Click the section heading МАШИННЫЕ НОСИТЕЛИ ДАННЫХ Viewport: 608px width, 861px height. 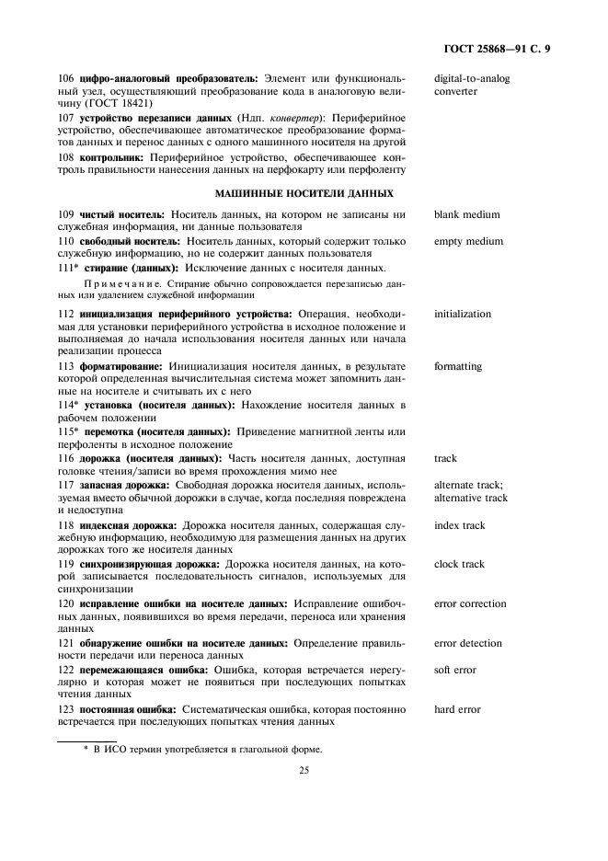click(304, 193)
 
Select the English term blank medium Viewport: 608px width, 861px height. click(466, 215)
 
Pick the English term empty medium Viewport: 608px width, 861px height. click(468, 242)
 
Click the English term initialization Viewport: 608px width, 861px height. click(463, 315)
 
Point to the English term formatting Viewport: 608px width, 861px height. click(458, 366)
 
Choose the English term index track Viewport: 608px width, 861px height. click(459, 525)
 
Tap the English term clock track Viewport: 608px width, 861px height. click(459, 565)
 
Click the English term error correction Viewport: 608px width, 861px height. click(470, 604)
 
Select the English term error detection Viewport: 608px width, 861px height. click(468, 644)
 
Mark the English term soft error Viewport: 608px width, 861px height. click(455, 671)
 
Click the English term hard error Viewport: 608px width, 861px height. click(457, 709)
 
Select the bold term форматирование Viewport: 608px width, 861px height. click(120, 366)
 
